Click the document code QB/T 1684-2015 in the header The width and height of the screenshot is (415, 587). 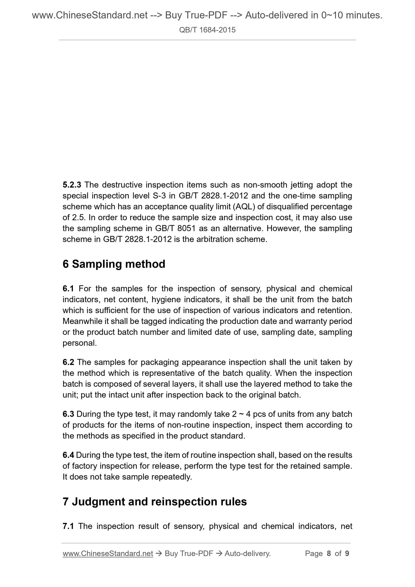[x=207, y=30]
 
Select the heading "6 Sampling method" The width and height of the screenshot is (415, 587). [x=114, y=264]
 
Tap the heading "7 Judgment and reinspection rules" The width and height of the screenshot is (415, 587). [x=155, y=501]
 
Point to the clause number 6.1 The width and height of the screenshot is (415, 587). [x=68, y=288]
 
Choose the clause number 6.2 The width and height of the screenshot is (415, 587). [x=68, y=362]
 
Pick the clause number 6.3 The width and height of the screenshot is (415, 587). [x=68, y=414]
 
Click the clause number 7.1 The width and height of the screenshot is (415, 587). [x=68, y=526]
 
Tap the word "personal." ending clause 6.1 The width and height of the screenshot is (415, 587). [x=80, y=343]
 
